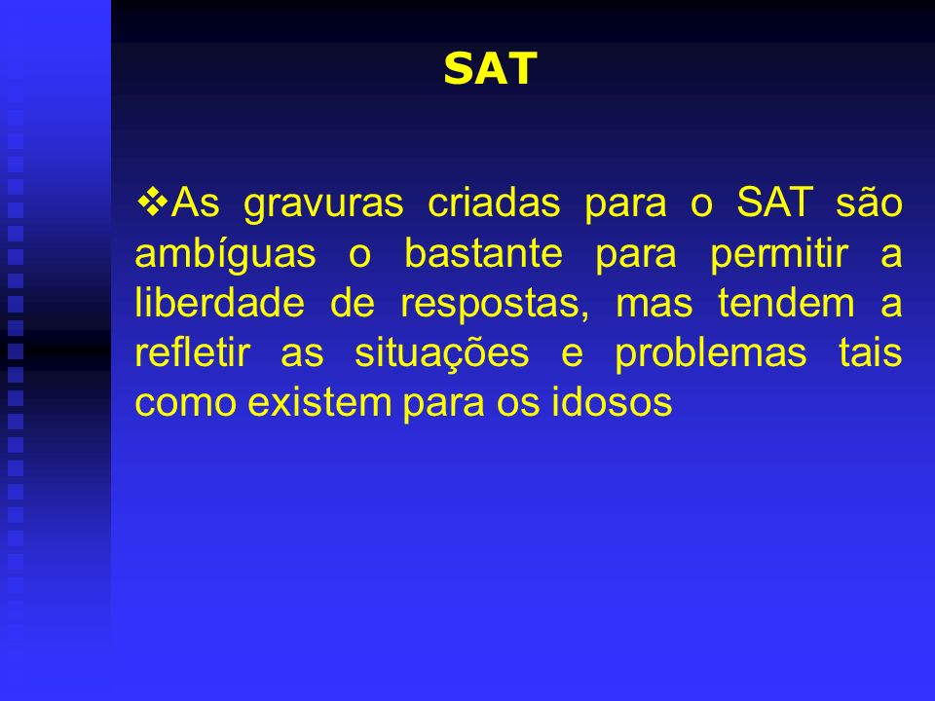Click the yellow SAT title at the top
491,68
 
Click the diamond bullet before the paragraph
153,202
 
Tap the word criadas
494,202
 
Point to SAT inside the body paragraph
775,202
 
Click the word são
869,202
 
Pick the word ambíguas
225,254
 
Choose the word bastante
484,252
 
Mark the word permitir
779,254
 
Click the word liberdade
220,302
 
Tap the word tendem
787,302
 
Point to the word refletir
192,351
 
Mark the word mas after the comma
654,305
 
